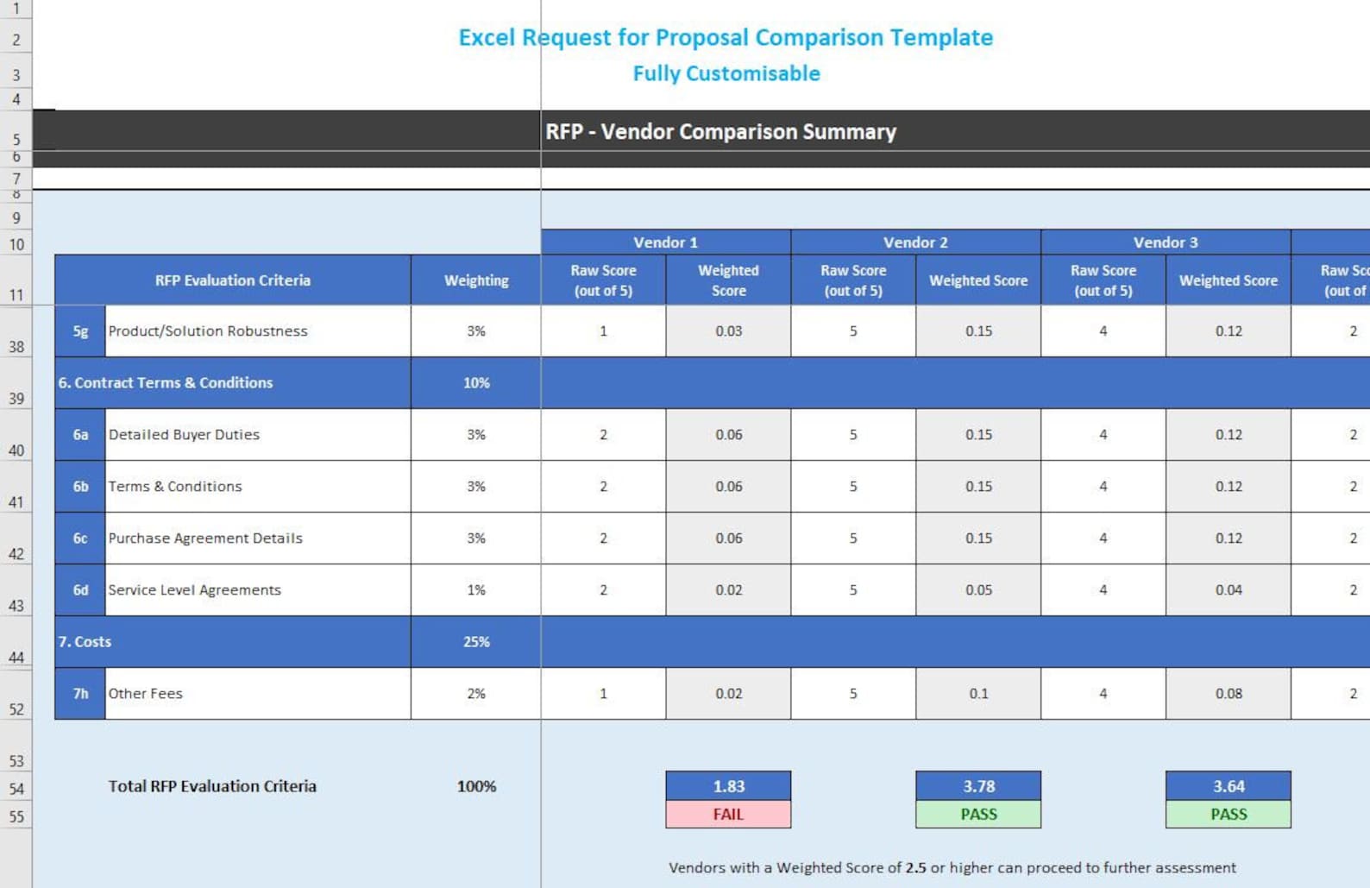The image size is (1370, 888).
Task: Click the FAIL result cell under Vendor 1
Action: click(x=728, y=814)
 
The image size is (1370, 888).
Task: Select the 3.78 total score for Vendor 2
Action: click(x=978, y=786)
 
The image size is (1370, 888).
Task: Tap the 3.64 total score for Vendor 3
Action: click(x=1229, y=786)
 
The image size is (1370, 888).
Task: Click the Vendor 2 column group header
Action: click(x=915, y=242)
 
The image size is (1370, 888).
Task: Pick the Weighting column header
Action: click(x=476, y=280)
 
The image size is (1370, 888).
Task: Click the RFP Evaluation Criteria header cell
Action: click(x=233, y=280)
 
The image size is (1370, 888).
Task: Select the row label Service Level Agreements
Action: click(x=195, y=590)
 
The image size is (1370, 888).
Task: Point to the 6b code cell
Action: click(x=80, y=487)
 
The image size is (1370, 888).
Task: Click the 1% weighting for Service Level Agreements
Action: click(x=476, y=590)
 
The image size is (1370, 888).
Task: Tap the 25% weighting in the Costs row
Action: click(x=476, y=642)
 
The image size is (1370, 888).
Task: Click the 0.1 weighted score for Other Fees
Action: click(x=978, y=694)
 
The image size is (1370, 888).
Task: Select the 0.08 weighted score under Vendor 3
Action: click(x=1229, y=694)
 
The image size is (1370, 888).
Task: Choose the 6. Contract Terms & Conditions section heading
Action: click(x=166, y=383)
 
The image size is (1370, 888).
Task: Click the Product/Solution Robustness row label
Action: click(x=208, y=331)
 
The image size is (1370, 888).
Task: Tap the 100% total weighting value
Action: click(x=476, y=786)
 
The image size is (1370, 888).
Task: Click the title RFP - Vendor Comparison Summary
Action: click(x=720, y=131)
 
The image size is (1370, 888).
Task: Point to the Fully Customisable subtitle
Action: click(x=726, y=73)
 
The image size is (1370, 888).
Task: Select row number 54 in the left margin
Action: click(x=16, y=789)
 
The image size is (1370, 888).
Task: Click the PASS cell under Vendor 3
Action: click(x=1229, y=814)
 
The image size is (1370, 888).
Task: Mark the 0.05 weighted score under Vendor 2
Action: click(x=978, y=590)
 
